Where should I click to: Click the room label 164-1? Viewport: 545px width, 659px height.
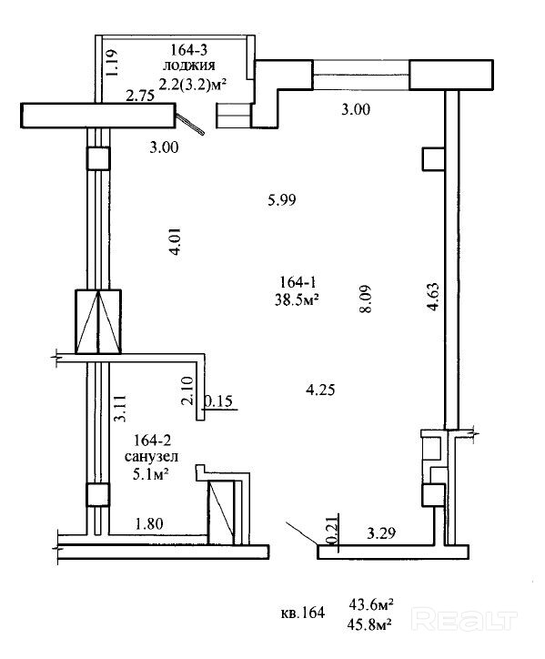tap(298, 281)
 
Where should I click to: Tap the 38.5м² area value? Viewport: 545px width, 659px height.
tap(297, 299)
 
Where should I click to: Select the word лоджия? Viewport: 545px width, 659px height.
tap(189, 66)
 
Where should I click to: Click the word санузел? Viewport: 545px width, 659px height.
tap(151, 456)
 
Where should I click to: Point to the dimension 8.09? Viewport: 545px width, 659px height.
tap(366, 299)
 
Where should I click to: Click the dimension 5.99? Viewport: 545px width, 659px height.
tap(282, 199)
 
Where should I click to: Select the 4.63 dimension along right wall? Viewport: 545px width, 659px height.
tap(433, 297)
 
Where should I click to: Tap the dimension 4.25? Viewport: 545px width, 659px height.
tap(320, 390)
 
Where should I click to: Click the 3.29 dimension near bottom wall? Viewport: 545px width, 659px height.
tap(381, 533)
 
